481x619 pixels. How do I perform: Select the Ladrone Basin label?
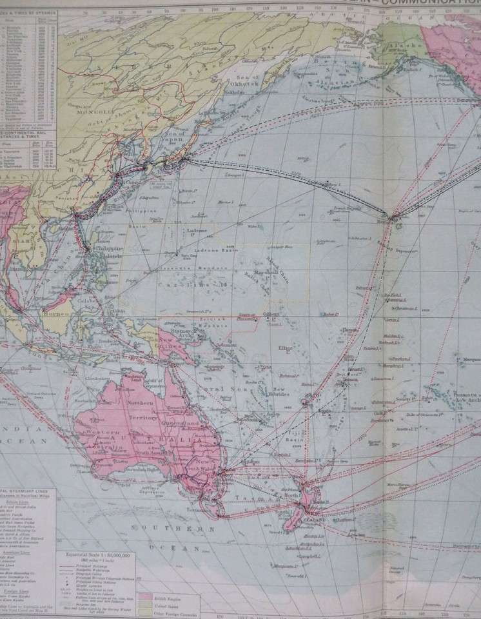point(213,250)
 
